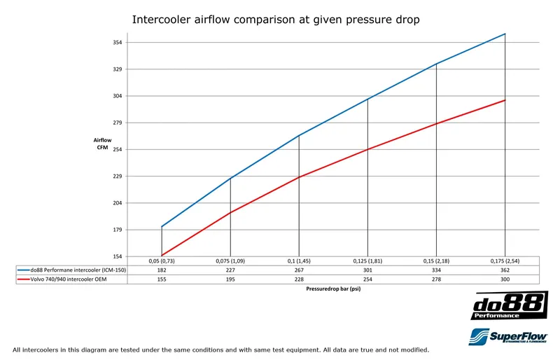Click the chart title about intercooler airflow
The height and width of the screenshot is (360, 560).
click(276, 20)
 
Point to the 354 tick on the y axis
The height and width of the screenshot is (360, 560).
click(118, 43)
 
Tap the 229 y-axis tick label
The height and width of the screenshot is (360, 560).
click(118, 176)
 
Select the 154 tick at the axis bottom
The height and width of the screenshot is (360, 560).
click(118, 256)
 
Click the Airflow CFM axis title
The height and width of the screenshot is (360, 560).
click(104, 144)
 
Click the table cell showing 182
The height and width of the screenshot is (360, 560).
click(162, 270)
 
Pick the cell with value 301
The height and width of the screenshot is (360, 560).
click(367, 270)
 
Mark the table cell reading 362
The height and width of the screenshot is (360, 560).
click(505, 270)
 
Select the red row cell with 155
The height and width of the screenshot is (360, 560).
click(162, 279)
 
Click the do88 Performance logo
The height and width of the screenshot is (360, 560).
click(509, 306)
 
